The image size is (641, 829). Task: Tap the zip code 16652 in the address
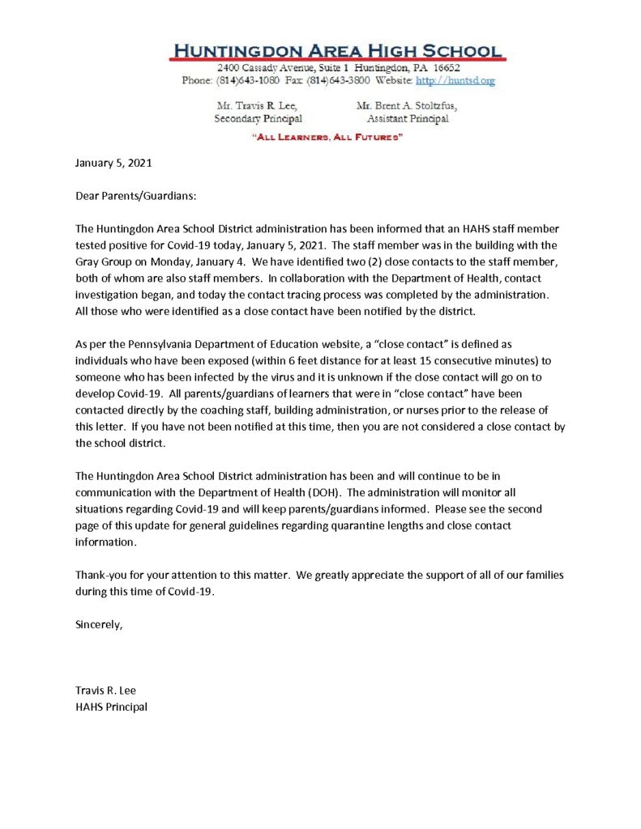(x=445, y=68)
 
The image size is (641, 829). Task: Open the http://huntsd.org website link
(x=455, y=81)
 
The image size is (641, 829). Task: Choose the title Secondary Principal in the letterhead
(x=247, y=119)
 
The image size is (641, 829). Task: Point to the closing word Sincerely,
(x=99, y=624)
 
